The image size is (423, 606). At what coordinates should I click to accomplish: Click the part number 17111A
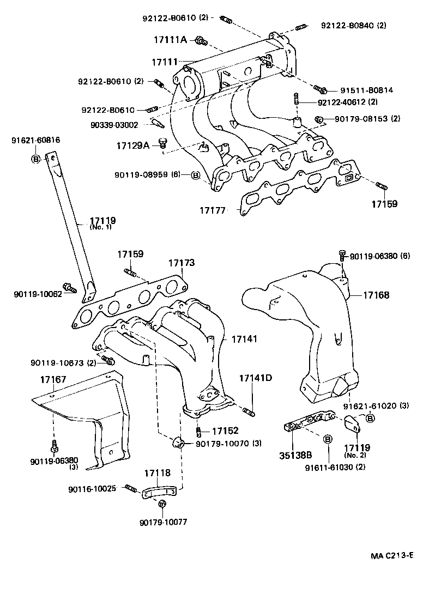170,40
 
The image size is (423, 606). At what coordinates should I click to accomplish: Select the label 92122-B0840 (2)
353,26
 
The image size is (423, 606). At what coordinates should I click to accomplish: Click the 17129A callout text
132,146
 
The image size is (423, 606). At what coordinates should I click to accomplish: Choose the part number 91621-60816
36,140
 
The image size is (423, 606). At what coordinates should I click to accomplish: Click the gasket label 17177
212,210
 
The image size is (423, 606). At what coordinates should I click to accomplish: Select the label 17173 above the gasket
181,263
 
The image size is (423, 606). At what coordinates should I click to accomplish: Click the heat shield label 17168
376,295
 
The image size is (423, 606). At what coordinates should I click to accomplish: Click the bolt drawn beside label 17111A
201,40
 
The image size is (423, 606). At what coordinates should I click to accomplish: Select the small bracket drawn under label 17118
159,492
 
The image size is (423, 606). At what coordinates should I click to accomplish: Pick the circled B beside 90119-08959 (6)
196,175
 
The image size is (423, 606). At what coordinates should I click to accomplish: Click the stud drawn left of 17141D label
248,410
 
